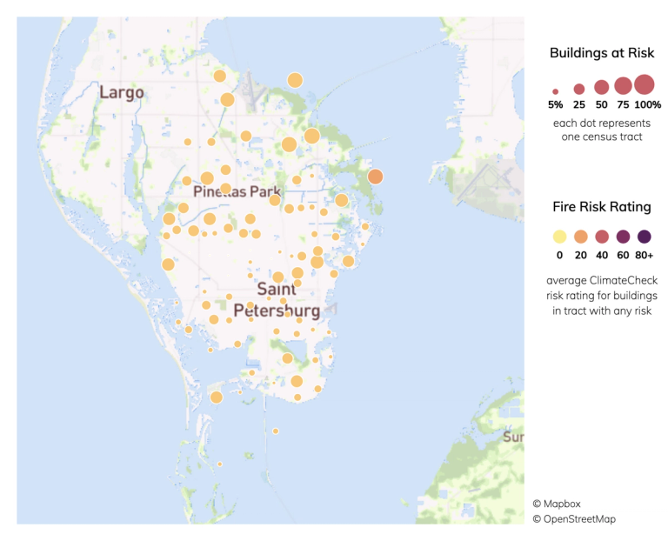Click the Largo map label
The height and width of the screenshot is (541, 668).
tap(121, 92)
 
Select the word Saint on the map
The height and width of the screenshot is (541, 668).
tap(278, 291)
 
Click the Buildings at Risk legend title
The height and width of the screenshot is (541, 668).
tap(602, 53)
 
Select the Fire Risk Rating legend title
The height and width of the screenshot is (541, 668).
tap(602, 207)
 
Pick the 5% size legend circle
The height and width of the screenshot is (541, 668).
tap(556, 90)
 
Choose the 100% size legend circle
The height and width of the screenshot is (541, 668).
tap(644, 84)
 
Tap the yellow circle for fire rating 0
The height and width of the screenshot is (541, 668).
tap(559, 237)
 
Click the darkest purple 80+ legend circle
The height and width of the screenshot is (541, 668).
tap(645, 237)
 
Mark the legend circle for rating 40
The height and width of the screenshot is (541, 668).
tap(602, 237)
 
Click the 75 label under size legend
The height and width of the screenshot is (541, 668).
tap(623, 104)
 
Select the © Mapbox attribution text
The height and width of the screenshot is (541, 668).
tap(558, 503)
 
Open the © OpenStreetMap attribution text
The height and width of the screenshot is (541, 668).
tap(574, 519)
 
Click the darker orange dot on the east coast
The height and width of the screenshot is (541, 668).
tap(375, 177)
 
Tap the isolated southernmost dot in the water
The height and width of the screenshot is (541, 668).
tap(276, 431)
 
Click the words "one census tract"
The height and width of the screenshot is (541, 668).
tap(602, 137)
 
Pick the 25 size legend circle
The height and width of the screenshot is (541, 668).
tap(579, 89)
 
